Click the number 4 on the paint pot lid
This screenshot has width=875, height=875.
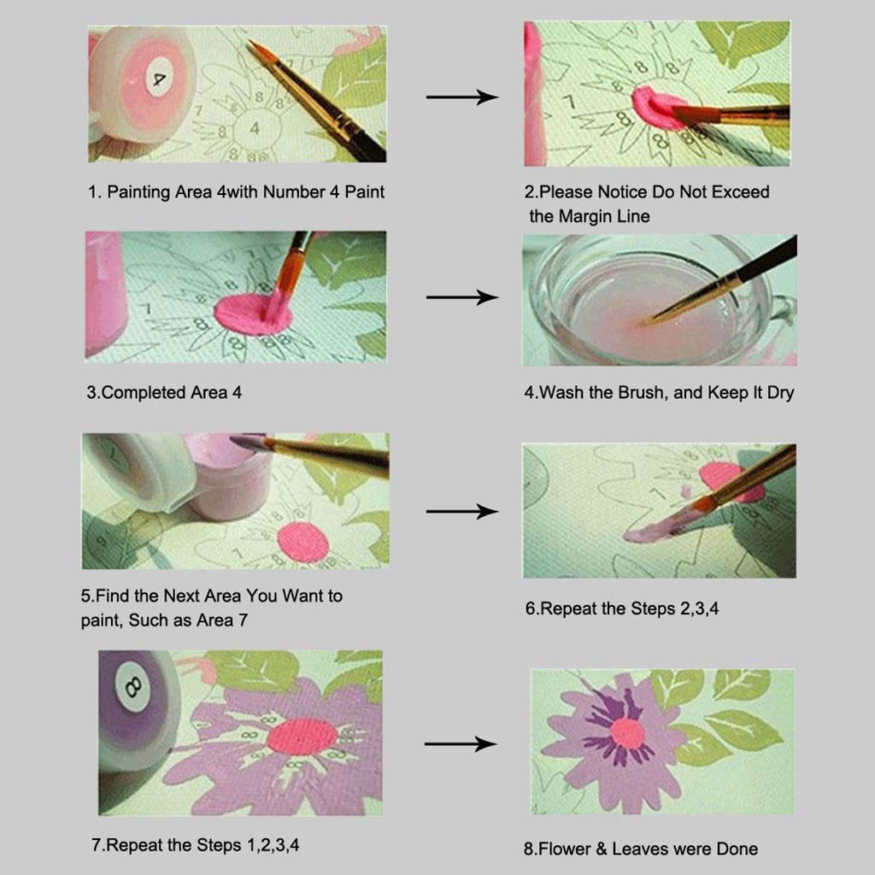point(159,79)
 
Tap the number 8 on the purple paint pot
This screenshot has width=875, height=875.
point(133,687)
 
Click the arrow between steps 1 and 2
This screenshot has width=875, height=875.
point(461,97)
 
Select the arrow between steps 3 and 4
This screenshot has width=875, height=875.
point(461,297)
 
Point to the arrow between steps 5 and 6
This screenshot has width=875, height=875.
point(461,511)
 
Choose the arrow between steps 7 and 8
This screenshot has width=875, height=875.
point(461,744)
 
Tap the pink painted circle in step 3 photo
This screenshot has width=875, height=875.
point(253,313)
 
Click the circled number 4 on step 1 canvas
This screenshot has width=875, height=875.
point(254,127)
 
